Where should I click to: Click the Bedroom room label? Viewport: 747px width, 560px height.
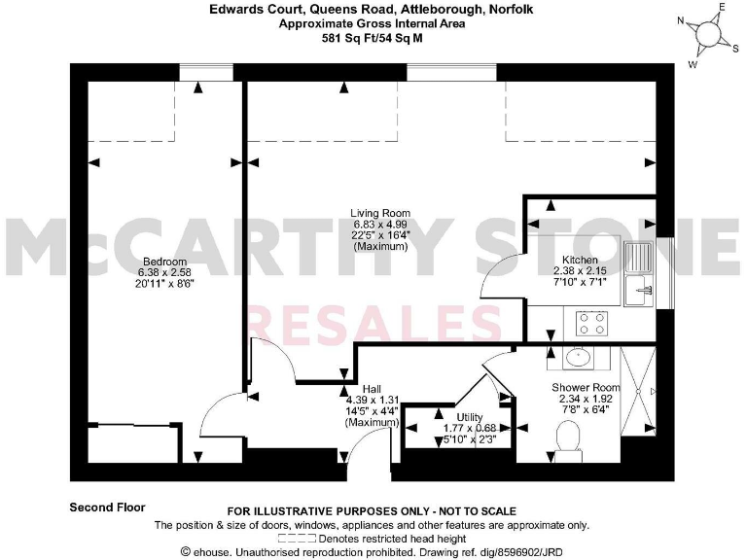point(158,262)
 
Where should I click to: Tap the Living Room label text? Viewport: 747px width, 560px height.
point(381,213)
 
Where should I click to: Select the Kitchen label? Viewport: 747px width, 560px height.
point(580,261)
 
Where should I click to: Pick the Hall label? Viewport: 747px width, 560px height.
point(372,388)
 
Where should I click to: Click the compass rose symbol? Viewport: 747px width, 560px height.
point(707,34)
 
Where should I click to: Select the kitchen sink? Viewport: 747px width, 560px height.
point(639,272)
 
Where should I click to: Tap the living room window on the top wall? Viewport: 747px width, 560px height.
point(450,73)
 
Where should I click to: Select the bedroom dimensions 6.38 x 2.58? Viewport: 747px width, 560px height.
point(158,273)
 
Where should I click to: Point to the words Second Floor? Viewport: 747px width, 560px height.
point(107,507)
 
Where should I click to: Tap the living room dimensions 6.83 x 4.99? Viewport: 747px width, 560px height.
point(381,225)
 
